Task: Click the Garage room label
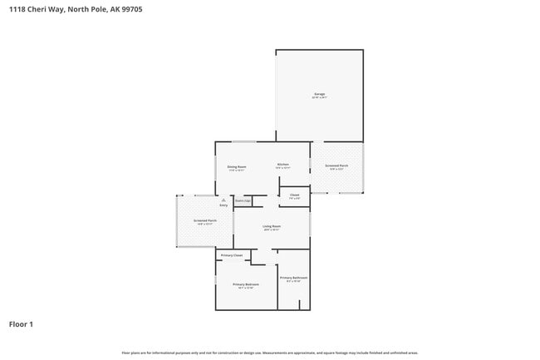point(319,94)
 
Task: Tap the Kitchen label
point(282,165)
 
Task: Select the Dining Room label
point(237,166)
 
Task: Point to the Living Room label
point(272,226)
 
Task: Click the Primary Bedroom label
point(245,284)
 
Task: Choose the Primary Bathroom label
point(293,277)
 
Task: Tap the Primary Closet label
point(232,255)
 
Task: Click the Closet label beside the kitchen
point(294,195)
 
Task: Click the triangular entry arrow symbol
point(223,200)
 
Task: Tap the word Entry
point(223,205)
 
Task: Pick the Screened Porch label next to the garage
point(336,166)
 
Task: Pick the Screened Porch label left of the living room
point(204,220)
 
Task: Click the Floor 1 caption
point(21,323)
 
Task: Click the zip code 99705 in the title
point(131,9)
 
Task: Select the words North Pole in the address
point(89,9)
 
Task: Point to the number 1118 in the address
point(17,9)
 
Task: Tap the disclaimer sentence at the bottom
point(270,353)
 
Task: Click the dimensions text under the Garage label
point(319,98)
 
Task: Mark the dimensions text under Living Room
point(272,230)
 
